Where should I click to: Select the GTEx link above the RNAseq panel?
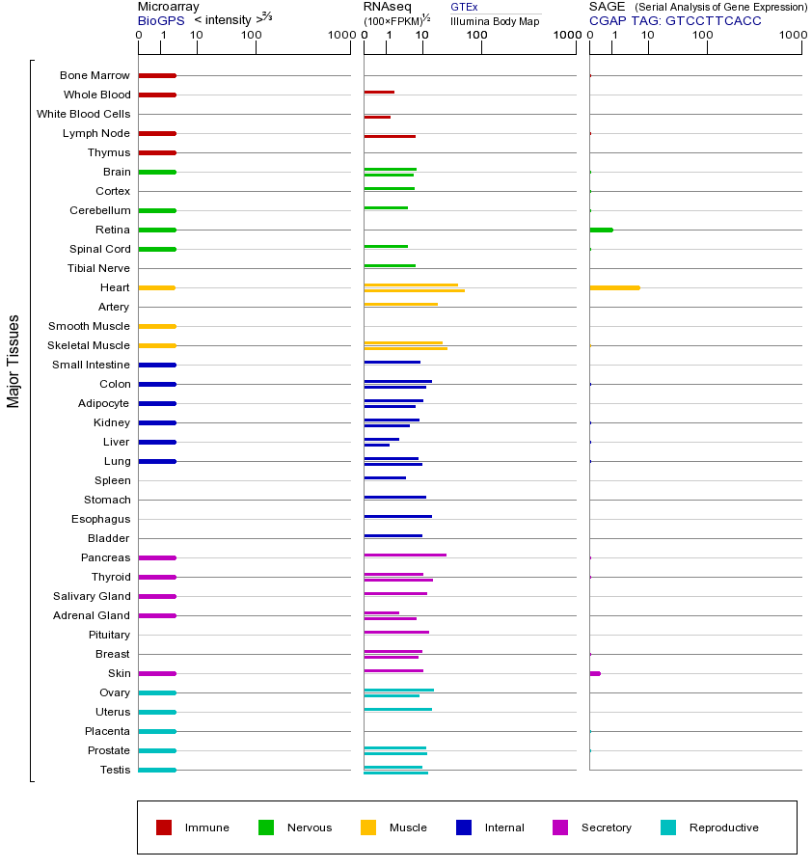click(x=464, y=8)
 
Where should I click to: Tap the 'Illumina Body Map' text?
click(x=495, y=20)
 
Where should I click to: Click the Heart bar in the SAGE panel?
click(x=614, y=287)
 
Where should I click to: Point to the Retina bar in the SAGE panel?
click(x=601, y=230)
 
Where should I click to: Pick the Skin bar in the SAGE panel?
click(x=595, y=673)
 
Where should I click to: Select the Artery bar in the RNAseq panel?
click(x=400, y=305)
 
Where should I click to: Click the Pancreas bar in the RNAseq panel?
click(x=405, y=556)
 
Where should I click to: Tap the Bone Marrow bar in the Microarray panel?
click(x=157, y=75)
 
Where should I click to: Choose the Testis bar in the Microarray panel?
click(x=157, y=770)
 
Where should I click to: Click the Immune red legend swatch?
click(x=164, y=827)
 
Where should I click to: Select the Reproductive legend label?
click(x=723, y=827)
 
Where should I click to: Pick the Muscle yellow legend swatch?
click(x=368, y=827)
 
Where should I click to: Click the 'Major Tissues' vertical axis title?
click(x=14, y=362)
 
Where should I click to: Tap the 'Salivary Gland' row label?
click(x=92, y=596)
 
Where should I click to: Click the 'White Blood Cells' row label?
click(x=83, y=114)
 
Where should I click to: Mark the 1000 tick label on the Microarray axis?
click(x=339, y=36)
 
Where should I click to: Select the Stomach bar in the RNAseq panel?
click(x=395, y=498)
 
